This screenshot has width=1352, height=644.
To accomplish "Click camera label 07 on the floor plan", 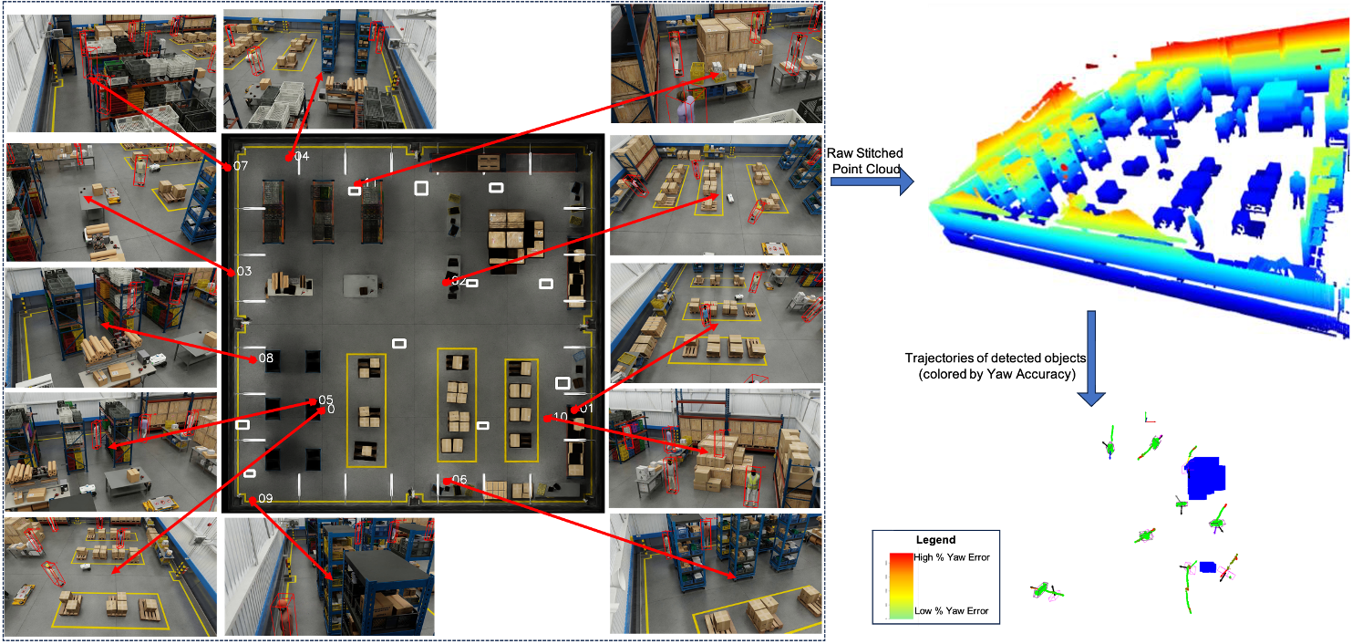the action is click(x=241, y=166).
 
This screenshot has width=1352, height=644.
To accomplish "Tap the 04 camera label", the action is click(x=302, y=156).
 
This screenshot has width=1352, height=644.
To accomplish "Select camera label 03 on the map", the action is click(x=243, y=271).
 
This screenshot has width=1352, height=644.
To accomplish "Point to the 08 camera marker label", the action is click(x=266, y=358).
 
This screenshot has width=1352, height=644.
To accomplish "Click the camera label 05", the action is click(x=325, y=400).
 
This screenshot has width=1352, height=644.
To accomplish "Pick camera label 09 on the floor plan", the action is click(x=265, y=498).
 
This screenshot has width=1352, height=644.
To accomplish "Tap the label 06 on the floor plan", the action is click(x=459, y=480).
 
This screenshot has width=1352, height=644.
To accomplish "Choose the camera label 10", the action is click(x=560, y=417).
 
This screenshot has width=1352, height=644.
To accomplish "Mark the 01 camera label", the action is click(x=586, y=408).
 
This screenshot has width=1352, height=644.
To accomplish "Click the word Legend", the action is click(x=935, y=540).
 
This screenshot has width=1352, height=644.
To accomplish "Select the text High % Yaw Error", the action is click(x=951, y=557).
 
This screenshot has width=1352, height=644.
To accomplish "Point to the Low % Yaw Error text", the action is click(x=951, y=611).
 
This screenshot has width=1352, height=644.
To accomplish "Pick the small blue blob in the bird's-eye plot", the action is click(x=1207, y=567).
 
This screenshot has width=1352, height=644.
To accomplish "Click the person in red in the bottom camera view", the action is click(x=285, y=615).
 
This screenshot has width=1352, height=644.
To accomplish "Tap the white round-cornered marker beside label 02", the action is click(x=472, y=283).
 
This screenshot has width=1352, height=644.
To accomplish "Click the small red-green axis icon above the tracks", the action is click(x=1149, y=418).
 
